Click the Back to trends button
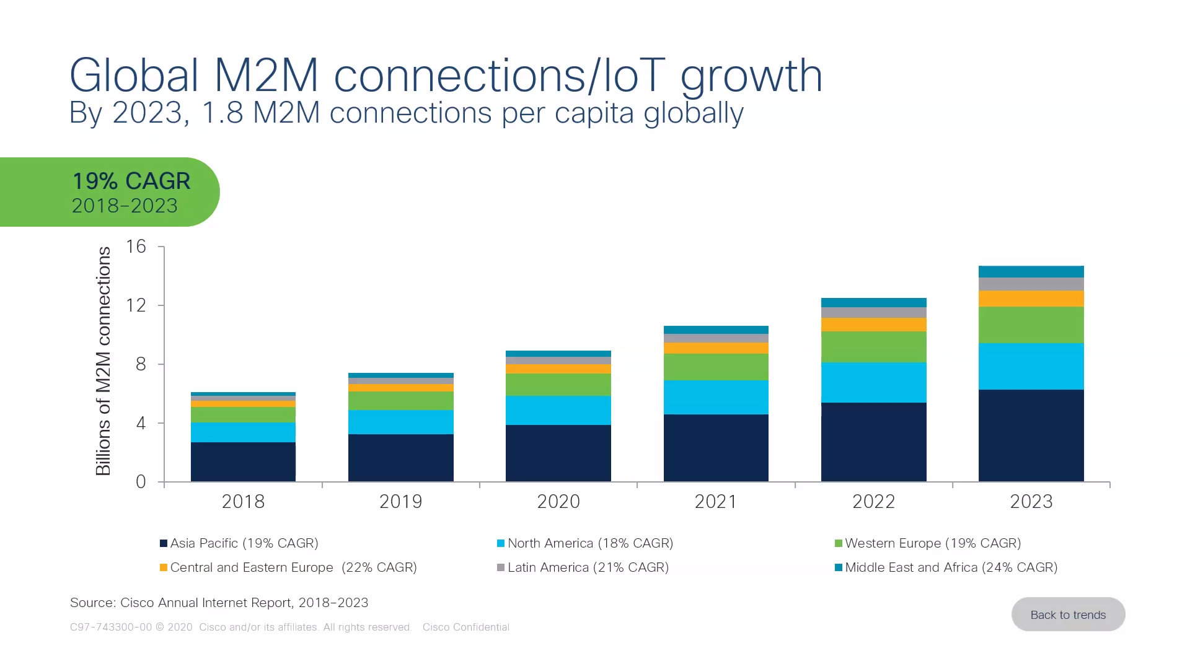[1068, 614]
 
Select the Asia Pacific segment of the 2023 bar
[1031, 435]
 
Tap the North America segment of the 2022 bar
[873, 382]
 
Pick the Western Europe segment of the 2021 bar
[716, 367]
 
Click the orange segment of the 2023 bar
[1031, 299]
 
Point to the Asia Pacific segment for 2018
[243, 461]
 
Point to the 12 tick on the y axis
[136, 305]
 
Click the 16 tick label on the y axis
[136, 247]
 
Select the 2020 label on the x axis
[558, 501]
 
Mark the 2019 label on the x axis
[400, 501]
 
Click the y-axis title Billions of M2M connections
[104, 361]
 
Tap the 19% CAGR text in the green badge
[131, 181]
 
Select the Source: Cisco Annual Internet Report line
[219, 603]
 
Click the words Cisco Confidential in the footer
[465, 627]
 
